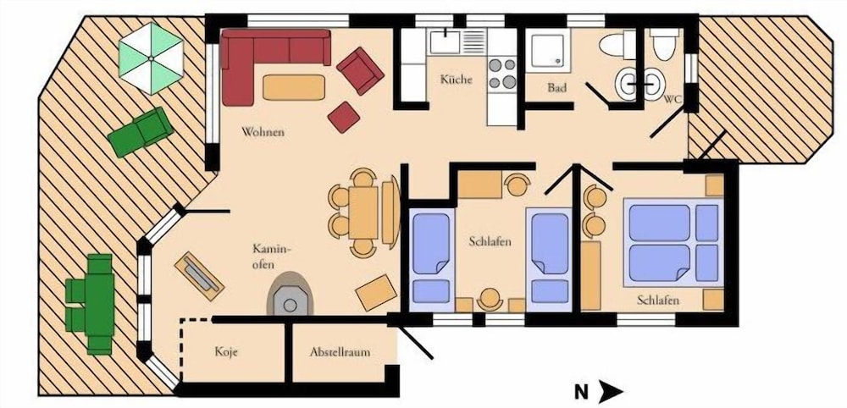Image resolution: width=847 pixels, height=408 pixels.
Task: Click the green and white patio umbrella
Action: click(152, 58)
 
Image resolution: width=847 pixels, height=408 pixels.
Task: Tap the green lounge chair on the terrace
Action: click(141, 132)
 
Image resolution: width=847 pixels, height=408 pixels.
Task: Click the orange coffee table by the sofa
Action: click(294, 87)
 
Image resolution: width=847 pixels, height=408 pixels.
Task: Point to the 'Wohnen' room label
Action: click(263, 132)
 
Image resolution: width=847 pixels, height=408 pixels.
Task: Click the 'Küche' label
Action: click(456, 80)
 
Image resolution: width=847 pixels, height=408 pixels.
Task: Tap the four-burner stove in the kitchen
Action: click(502, 74)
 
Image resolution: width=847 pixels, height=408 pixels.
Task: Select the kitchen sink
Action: click(445, 42)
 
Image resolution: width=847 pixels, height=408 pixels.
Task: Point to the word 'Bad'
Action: click(557, 87)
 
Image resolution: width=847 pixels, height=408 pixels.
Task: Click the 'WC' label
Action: click(672, 99)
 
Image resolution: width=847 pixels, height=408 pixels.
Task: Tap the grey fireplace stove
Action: click(290, 295)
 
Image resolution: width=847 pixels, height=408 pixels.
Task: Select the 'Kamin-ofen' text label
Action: click(272, 256)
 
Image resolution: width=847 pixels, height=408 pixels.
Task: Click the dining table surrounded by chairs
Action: click(363, 212)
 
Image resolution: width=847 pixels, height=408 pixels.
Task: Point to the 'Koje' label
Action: click(226, 352)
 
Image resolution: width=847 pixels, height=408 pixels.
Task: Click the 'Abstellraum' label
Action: click(340, 352)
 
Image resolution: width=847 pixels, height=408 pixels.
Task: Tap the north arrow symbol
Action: click(611, 391)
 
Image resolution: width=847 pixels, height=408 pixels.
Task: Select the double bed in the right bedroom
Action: click(673, 242)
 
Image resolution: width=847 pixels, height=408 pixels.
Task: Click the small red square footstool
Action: click(344, 117)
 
